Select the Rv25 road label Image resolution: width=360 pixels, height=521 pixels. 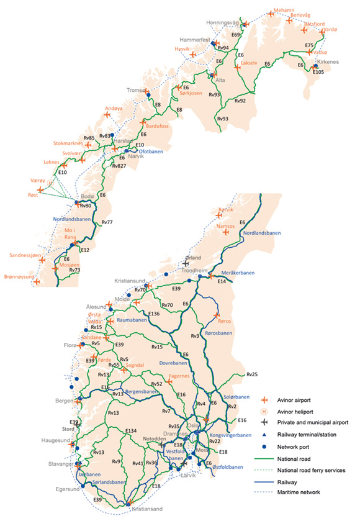(x=252, y=374)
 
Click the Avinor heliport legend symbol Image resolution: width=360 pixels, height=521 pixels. (x=264, y=410)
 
